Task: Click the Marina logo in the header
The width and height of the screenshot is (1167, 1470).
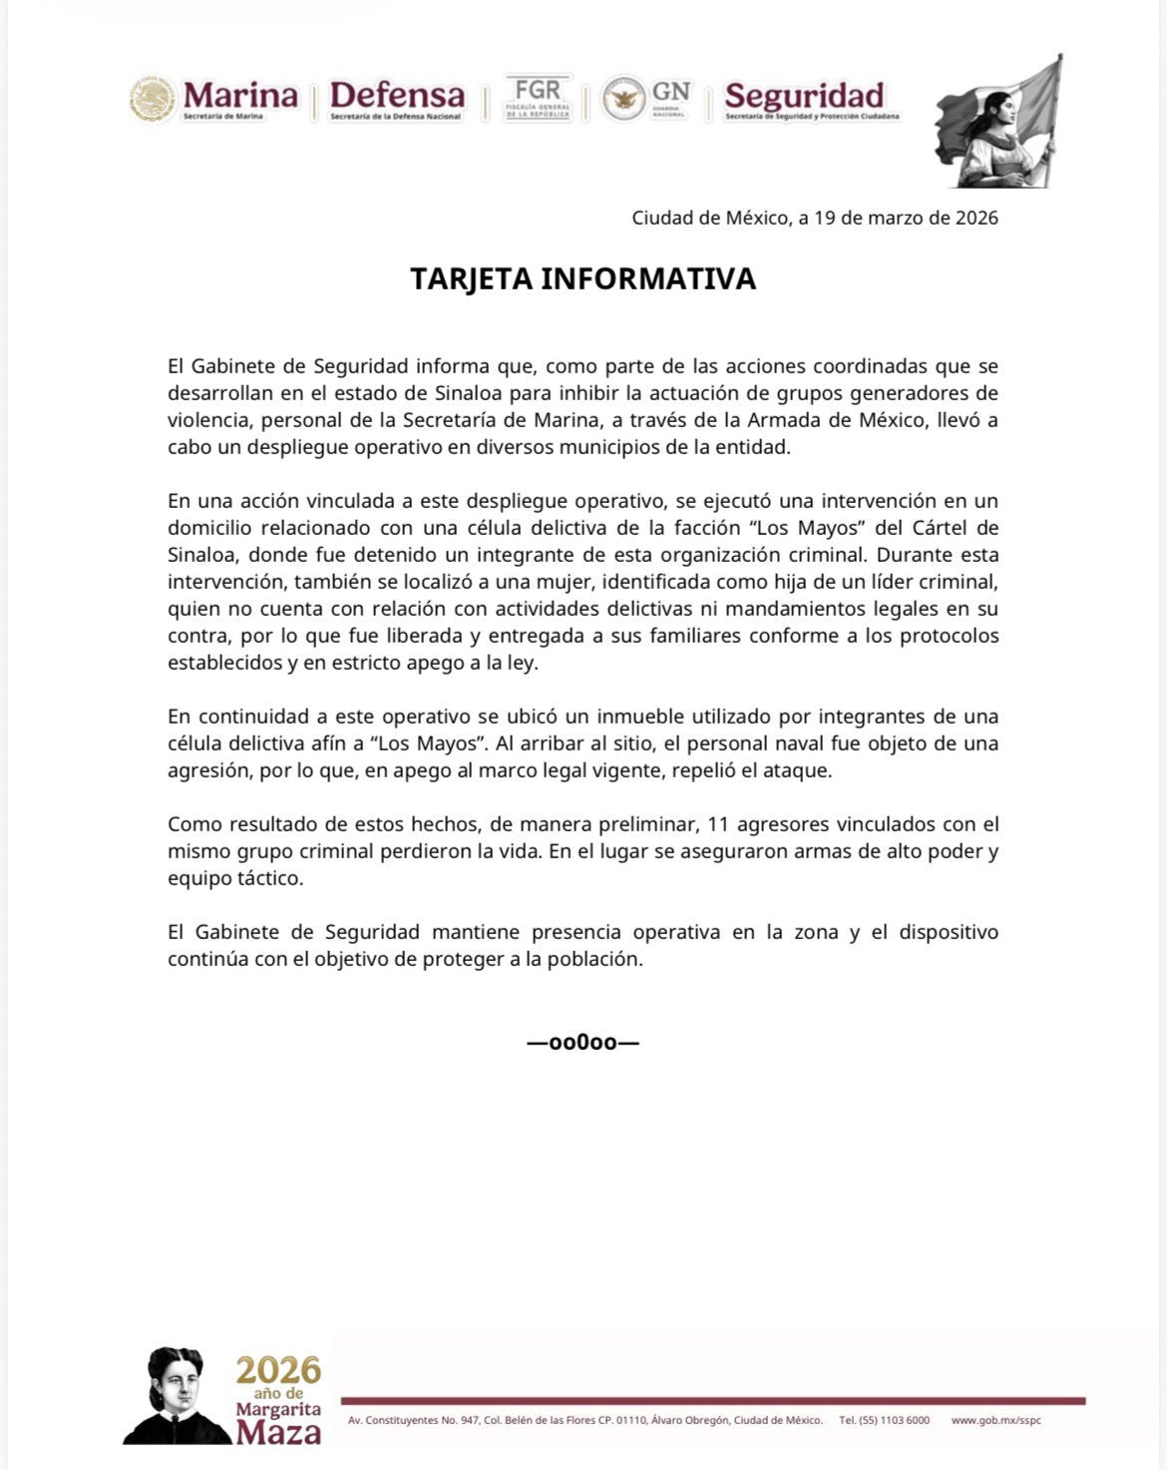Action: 214,99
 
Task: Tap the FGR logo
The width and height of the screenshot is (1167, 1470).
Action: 538,97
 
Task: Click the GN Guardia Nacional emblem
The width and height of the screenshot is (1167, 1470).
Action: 645,98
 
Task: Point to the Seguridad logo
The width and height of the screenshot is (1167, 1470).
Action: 806,99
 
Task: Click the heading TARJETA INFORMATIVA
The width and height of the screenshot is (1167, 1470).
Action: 583,278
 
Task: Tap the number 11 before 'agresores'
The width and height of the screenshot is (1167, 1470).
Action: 717,824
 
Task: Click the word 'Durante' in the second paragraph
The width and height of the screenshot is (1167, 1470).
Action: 909,554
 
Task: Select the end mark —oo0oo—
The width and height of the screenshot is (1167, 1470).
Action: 583,1043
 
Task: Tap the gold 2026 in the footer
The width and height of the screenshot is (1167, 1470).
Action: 278,1369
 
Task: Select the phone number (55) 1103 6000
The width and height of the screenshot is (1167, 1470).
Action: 884,1420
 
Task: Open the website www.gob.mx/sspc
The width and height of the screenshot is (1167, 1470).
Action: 995,1420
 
